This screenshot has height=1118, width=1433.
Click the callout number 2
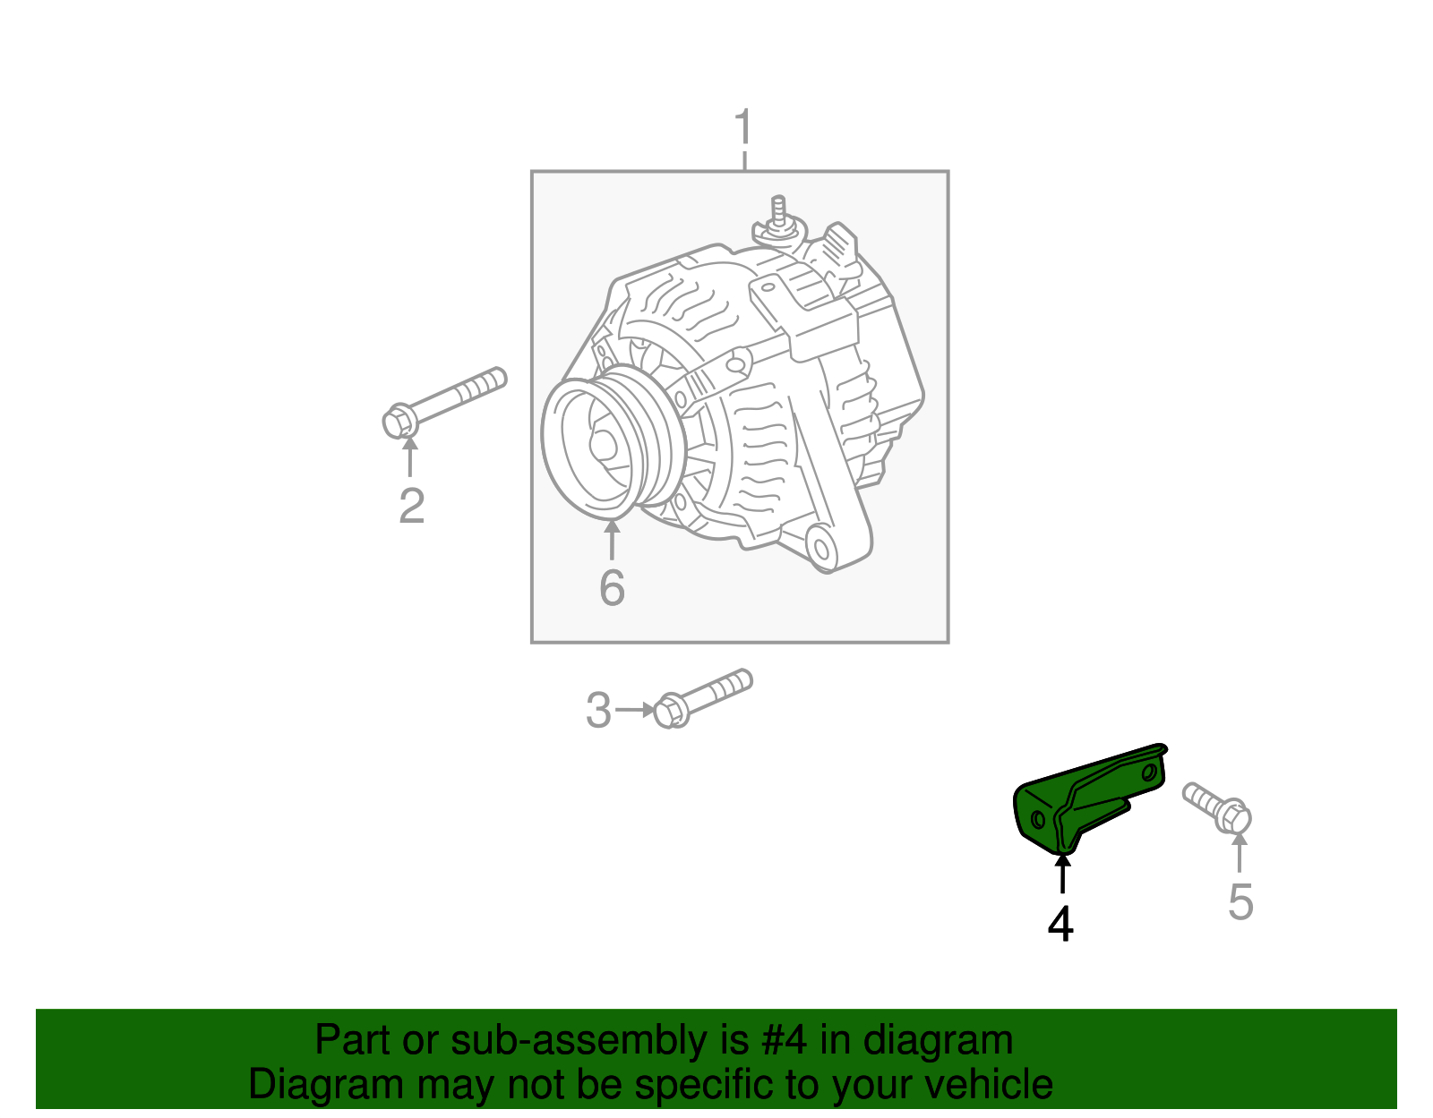pyautogui.click(x=411, y=507)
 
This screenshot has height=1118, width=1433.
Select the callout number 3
pyautogui.click(x=598, y=711)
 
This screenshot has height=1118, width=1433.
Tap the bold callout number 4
pyautogui.click(x=1060, y=924)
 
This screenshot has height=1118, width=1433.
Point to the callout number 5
pyautogui.click(x=1240, y=901)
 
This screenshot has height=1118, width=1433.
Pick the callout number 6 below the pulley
pyautogui.click(x=612, y=588)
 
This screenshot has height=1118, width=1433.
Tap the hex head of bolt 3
pyautogui.click(x=670, y=712)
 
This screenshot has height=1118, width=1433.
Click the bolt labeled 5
pyautogui.click(x=1217, y=806)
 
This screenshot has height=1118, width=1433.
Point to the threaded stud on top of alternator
pyautogui.click(x=779, y=214)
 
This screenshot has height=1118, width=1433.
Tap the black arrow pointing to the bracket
pyautogui.click(x=1062, y=874)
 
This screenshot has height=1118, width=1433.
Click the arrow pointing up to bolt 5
pyautogui.click(x=1240, y=851)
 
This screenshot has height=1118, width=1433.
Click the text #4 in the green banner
pyautogui.click(x=785, y=1041)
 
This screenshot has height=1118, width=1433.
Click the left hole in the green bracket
pyautogui.click(x=1039, y=819)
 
